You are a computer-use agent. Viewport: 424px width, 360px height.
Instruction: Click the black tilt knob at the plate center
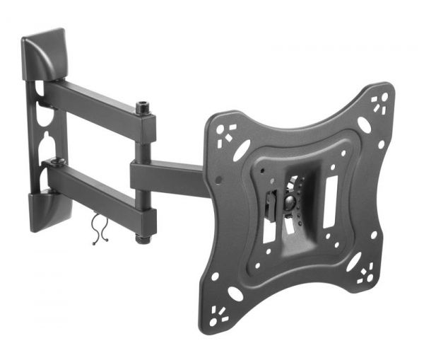(x=290, y=202)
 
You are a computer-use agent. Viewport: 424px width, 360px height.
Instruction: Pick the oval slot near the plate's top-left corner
(x=242, y=149)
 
